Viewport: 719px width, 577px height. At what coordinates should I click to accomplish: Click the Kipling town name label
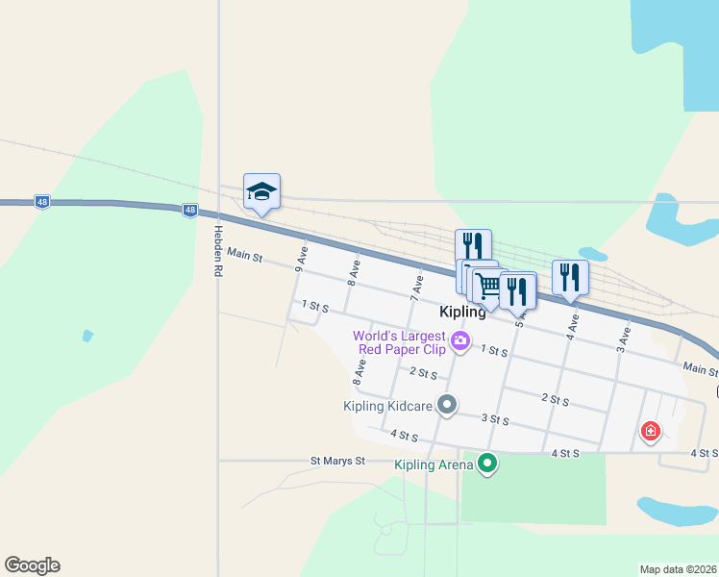click(x=462, y=313)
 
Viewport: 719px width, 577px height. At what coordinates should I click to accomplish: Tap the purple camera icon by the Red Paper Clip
click(x=460, y=340)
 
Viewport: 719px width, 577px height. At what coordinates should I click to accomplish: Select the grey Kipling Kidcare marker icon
click(x=446, y=405)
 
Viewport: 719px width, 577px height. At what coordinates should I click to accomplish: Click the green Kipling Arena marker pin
click(x=488, y=464)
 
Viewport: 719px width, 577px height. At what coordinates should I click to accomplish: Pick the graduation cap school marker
click(x=261, y=191)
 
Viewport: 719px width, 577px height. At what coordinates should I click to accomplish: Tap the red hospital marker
click(x=651, y=431)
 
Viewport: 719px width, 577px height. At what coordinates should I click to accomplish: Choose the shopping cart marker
click(x=487, y=285)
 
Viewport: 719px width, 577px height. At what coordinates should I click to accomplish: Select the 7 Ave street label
click(x=418, y=285)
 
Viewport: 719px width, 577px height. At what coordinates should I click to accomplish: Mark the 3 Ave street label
click(x=624, y=337)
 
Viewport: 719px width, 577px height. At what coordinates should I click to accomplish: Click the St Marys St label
click(x=337, y=461)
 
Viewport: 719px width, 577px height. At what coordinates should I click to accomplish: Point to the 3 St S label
click(x=494, y=420)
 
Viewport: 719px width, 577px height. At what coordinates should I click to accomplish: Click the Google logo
click(x=32, y=565)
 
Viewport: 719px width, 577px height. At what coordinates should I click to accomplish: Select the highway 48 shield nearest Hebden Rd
click(x=189, y=210)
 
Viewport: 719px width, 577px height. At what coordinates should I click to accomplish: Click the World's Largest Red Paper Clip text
click(x=399, y=342)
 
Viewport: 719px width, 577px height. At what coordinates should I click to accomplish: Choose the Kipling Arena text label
click(x=434, y=465)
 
